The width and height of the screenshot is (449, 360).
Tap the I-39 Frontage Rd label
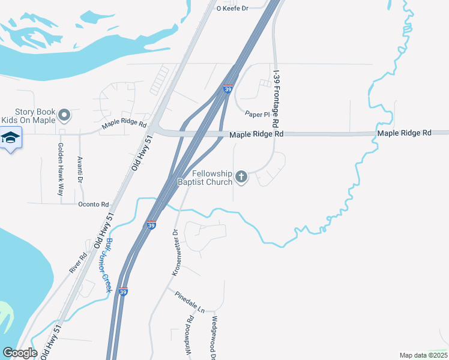[277, 98]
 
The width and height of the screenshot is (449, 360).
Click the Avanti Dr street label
[80, 170]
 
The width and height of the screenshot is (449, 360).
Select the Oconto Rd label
[93, 204]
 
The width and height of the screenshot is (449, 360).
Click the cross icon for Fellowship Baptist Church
[241, 176]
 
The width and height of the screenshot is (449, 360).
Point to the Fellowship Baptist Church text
[204, 177]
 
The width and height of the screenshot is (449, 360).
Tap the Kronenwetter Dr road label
[176, 252]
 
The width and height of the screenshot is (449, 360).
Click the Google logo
[20, 353]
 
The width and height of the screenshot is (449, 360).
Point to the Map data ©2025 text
[423, 355]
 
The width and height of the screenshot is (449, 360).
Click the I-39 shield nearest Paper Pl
[228, 89]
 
